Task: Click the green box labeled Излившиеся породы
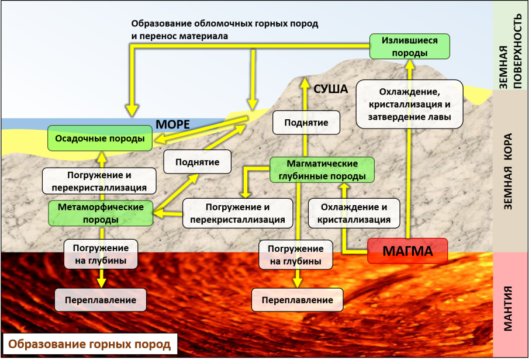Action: [x=410, y=46]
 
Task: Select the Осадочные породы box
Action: [x=99, y=139]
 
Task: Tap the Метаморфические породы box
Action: [x=100, y=213]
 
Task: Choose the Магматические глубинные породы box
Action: [x=322, y=169]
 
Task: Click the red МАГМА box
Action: [x=407, y=252]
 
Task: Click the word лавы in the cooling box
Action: [x=437, y=116]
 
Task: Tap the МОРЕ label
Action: [x=172, y=124]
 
